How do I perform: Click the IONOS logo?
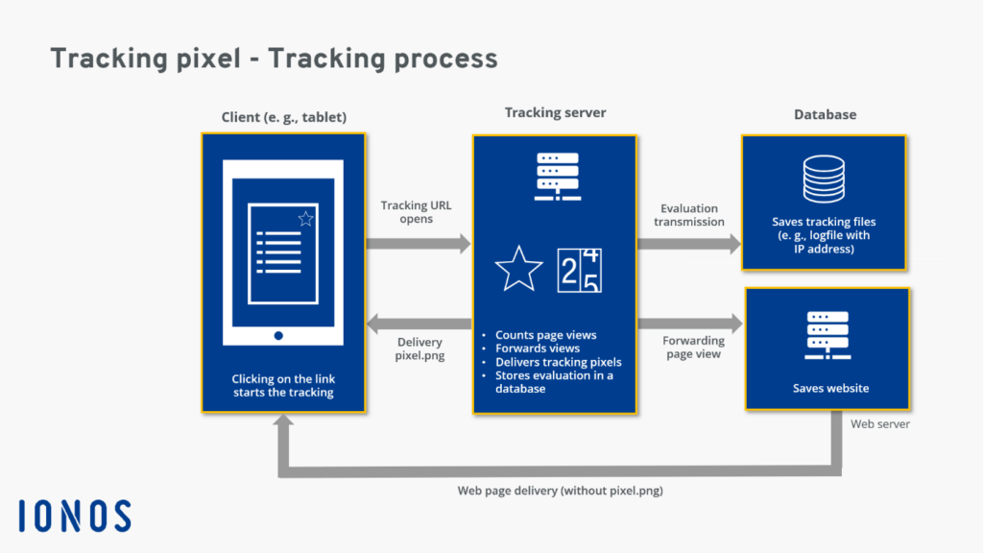[74, 516]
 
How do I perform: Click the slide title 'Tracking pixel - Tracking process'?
[274, 59]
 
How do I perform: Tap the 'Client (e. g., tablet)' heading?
[283, 117]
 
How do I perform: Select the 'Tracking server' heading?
[555, 112]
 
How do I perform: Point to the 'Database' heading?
[825, 114]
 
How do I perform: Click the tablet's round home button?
[278, 335]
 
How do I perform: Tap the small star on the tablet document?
[305, 219]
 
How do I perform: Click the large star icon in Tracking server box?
[519, 270]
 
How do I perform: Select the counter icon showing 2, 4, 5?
[580, 270]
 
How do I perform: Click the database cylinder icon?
[824, 179]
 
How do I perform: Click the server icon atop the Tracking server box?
[556, 176]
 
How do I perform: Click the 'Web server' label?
[880, 423]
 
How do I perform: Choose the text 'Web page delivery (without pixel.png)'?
[561, 491]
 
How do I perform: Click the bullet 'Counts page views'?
[545, 335]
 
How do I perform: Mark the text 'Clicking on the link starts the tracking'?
[283, 385]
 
